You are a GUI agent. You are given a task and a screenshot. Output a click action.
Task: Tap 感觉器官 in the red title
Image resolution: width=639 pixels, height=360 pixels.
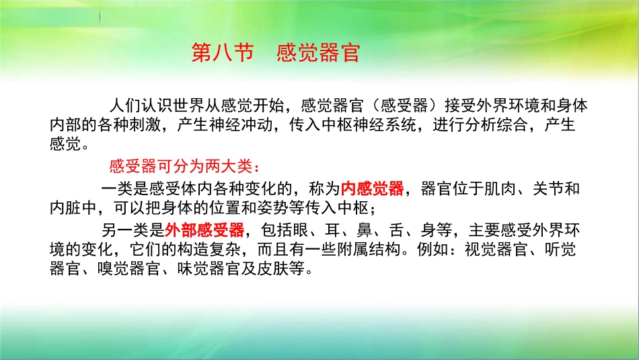tap(318, 53)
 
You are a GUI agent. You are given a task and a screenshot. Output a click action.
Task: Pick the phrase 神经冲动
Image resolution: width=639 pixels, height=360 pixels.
tap(252, 125)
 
